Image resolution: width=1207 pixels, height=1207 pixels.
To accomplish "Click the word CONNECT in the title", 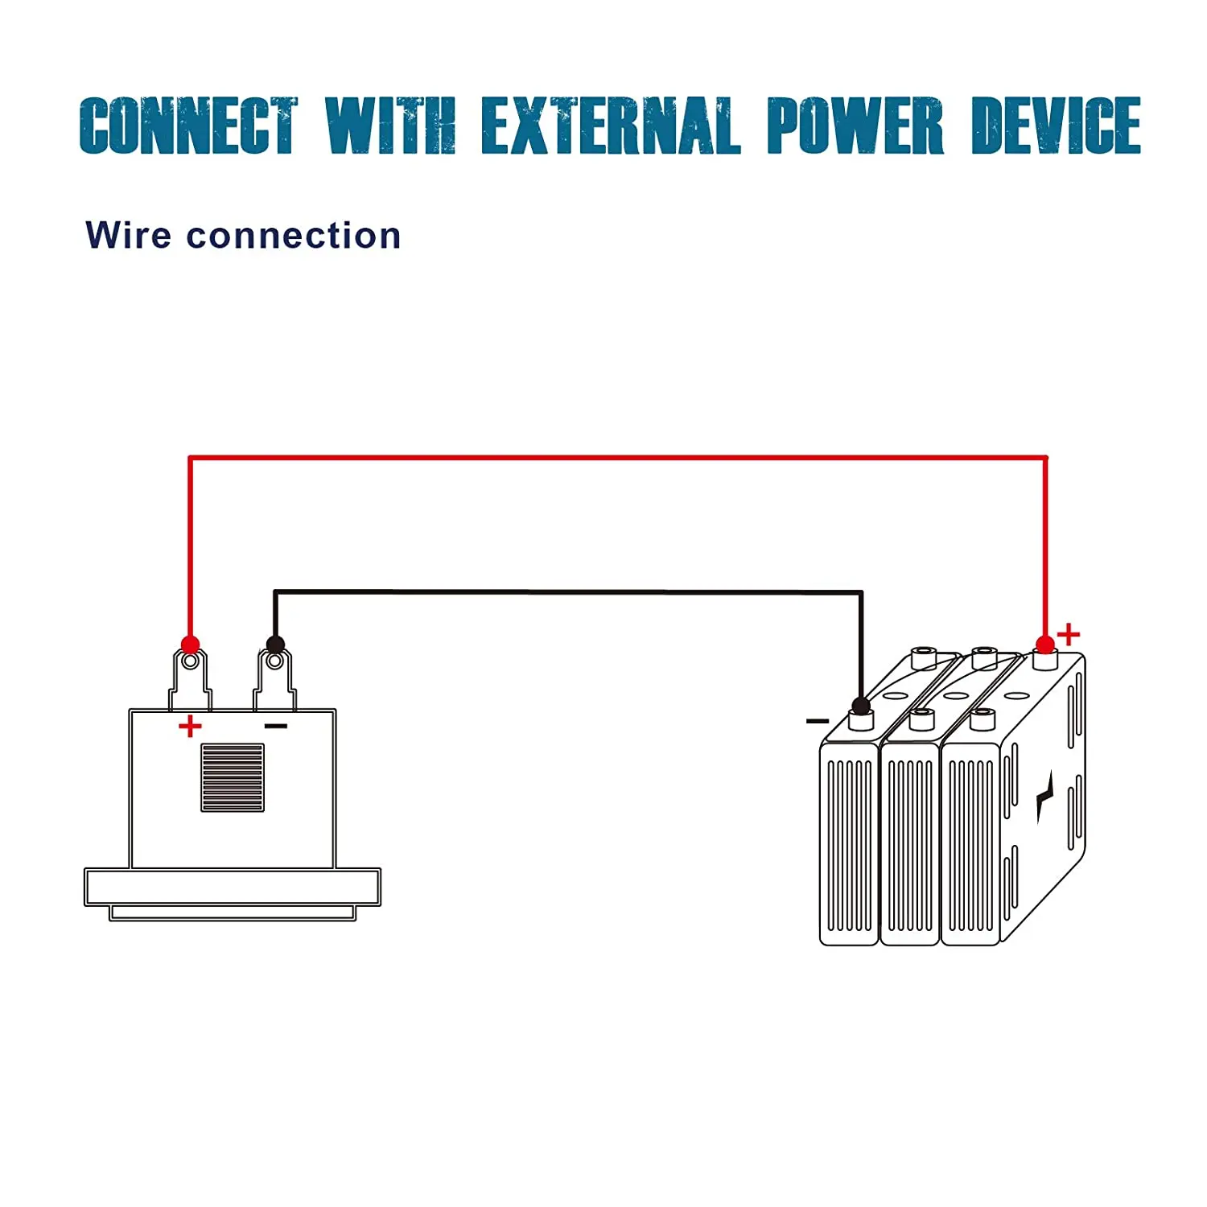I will [188, 126].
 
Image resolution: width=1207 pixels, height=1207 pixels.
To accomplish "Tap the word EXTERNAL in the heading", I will [610, 126].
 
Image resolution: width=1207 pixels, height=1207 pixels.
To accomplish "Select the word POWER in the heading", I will [855, 126].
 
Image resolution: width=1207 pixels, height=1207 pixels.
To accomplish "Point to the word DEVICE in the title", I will [1056, 126].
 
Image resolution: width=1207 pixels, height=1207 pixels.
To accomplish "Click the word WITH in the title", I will [390, 126].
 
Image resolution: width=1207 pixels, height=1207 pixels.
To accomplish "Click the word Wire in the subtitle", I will [128, 236].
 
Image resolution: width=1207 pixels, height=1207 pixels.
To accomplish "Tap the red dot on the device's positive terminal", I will [190, 645].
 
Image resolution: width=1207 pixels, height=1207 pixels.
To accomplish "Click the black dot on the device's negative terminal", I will [275, 645].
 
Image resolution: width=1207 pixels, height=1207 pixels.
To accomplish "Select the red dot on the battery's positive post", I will [1044, 645].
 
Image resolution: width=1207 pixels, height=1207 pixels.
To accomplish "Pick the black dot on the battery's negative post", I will [861, 706].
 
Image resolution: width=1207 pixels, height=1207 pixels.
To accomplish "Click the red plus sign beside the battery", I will [1069, 635].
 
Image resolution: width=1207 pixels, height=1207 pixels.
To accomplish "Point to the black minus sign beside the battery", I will [817, 721].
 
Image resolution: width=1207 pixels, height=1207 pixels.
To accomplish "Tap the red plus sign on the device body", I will [190, 727].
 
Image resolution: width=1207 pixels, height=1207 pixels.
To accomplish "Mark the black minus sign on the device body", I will [276, 727].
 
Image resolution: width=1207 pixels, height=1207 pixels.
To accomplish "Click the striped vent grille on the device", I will [233, 777].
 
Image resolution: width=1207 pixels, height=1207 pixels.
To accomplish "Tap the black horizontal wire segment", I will [568, 592].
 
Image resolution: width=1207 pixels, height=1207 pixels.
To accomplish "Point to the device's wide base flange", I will [233, 887].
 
